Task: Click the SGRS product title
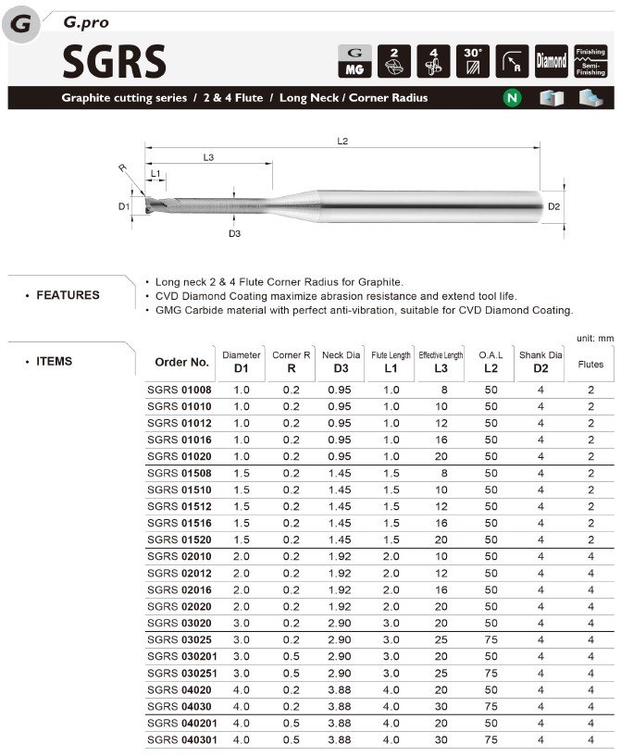114,61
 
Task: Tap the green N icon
510,97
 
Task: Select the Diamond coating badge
552,60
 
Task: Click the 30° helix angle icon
472,60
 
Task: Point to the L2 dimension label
342,141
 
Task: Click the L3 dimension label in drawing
208,158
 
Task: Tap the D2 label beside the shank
553,206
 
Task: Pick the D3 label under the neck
235,233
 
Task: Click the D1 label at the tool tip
124,206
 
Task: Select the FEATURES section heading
68,295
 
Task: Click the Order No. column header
182,362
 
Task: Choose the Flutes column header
590,364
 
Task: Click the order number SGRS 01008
180,390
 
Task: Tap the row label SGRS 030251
182,673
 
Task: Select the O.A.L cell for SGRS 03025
491,639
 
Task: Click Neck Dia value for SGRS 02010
340,556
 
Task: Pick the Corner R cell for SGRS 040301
292,739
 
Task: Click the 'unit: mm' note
594,339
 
